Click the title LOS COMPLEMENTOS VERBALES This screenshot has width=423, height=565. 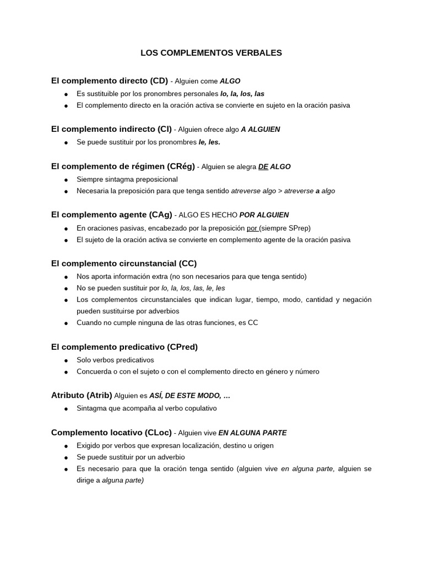[211, 53]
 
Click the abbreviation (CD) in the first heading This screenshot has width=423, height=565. [156, 81]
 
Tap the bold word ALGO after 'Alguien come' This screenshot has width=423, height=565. [230, 81]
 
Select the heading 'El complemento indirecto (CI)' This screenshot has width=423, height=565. [111, 129]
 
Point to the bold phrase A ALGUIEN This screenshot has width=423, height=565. [261, 130]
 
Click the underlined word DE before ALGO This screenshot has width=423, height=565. [263, 167]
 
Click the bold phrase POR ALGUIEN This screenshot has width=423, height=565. [264, 215]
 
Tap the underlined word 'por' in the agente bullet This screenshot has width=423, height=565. [252, 228]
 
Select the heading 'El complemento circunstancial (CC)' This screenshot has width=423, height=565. [124, 263]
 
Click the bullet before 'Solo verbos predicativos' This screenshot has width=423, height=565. [66, 360]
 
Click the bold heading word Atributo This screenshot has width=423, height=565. [68, 395]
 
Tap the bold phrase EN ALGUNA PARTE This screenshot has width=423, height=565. [252, 433]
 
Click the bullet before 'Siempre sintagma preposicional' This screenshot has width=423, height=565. [66, 180]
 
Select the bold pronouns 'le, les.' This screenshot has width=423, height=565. [209, 142]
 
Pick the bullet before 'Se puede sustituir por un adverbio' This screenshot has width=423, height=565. [66, 457]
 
